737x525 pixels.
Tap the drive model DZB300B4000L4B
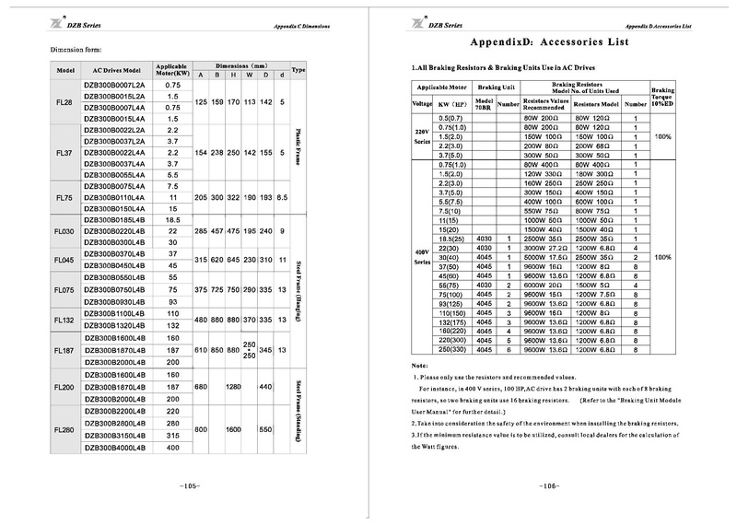115,447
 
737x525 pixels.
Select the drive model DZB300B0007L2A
115,85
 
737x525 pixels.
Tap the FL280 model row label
65,429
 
